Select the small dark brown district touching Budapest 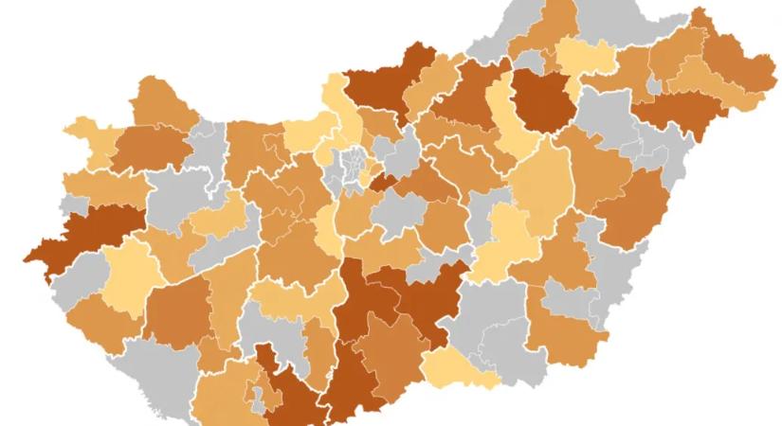(x=381, y=182)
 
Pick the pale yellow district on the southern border (x=460, y=371)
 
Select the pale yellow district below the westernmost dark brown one (x=128, y=275)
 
